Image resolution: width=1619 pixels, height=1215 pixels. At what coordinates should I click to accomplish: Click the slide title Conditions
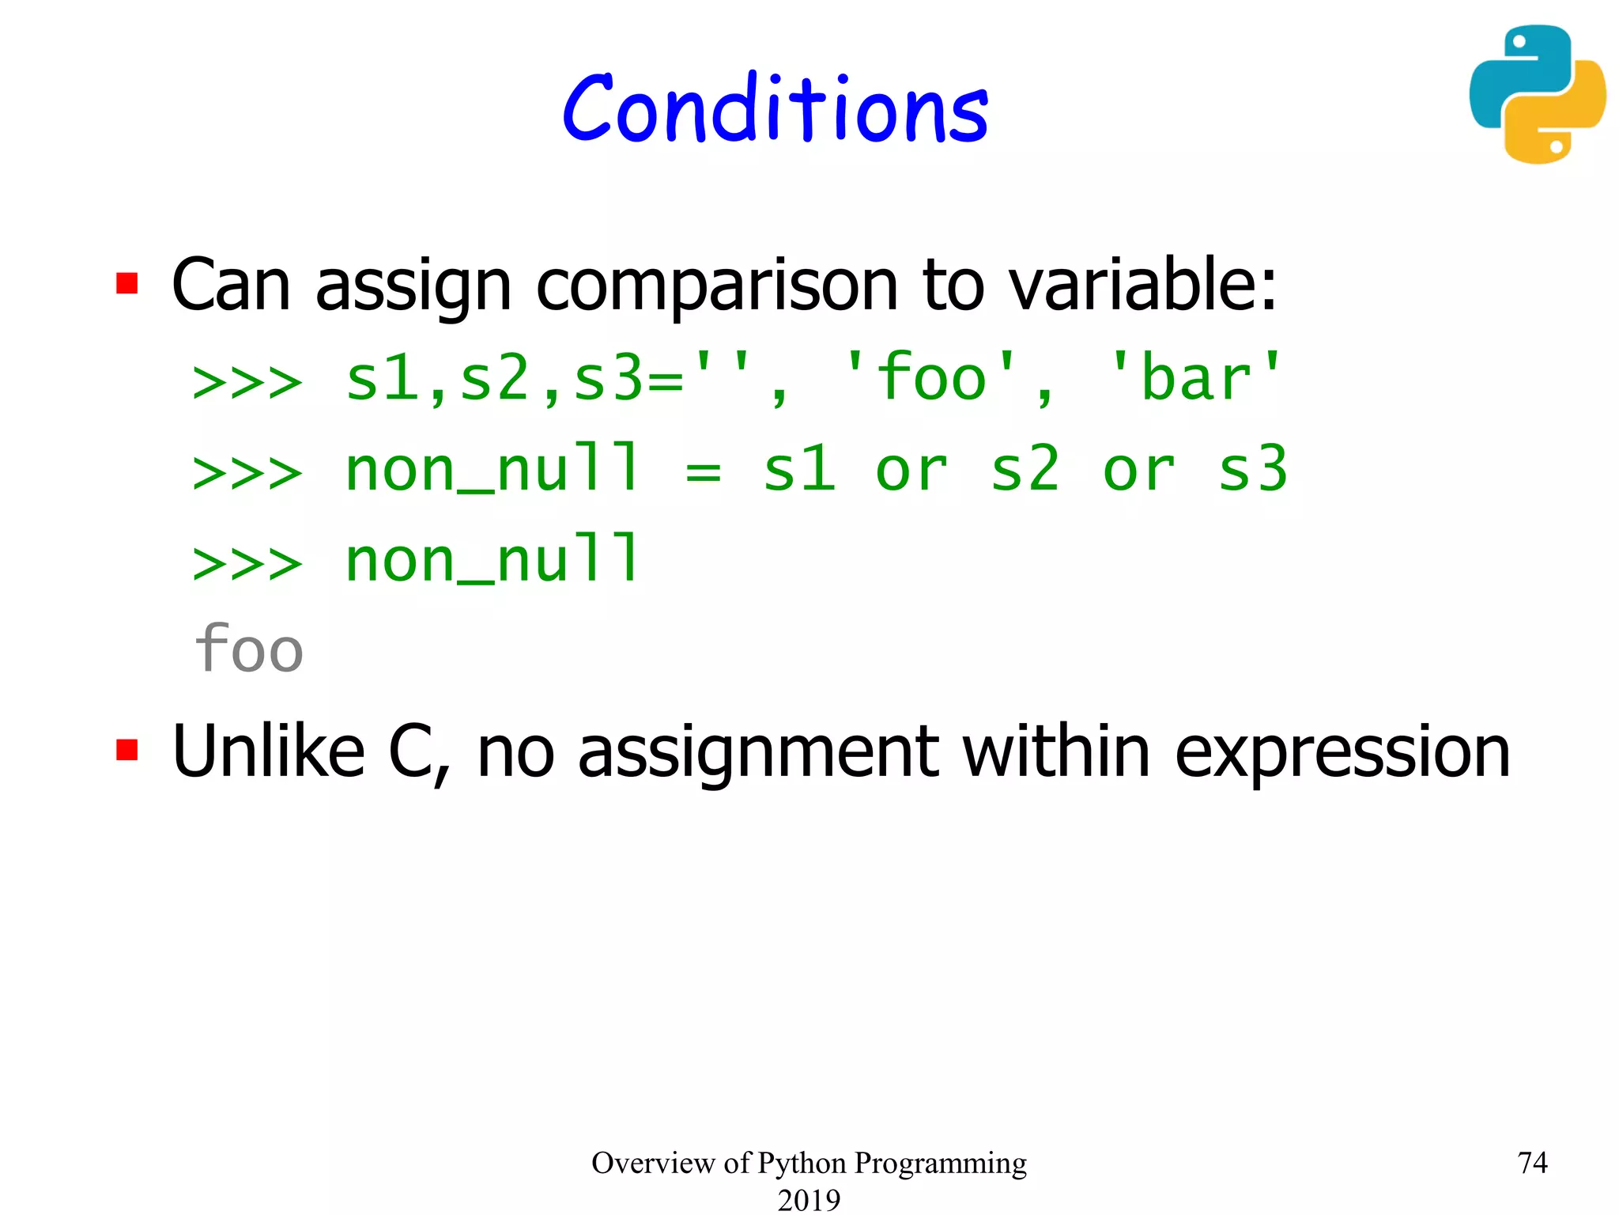(x=775, y=111)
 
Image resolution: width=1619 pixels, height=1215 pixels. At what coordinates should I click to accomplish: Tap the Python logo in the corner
(x=1537, y=95)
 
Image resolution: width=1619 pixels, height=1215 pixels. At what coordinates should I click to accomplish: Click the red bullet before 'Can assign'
(x=127, y=283)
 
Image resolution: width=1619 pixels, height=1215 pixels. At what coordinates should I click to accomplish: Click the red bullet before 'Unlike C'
(x=127, y=749)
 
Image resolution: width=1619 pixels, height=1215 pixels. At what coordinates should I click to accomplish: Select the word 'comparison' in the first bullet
(x=717, y=286)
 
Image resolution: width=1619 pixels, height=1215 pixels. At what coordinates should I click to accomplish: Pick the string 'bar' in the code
(x=1195, y=378)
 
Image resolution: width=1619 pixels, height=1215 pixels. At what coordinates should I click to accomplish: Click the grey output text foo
(x=248, y=649)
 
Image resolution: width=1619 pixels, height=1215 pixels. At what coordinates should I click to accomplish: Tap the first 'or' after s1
(x=911, y=470)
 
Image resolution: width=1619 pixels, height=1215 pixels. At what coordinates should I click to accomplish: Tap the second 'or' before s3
(x=1138, y=470)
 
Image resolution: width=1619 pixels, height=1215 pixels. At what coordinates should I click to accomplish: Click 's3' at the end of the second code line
(x=1253, y=470)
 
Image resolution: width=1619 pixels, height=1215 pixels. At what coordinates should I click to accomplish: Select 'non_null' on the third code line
(x=492, y=560)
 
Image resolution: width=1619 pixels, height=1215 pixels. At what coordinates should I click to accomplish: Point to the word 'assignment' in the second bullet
(x=757, y=753)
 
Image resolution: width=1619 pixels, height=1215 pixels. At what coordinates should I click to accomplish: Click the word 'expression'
(x=1342, y=753)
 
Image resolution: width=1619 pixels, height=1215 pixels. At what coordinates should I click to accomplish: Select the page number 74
(x=1532, y=1163)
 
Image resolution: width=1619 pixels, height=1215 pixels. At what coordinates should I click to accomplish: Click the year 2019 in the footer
(x=809, y=1199)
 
